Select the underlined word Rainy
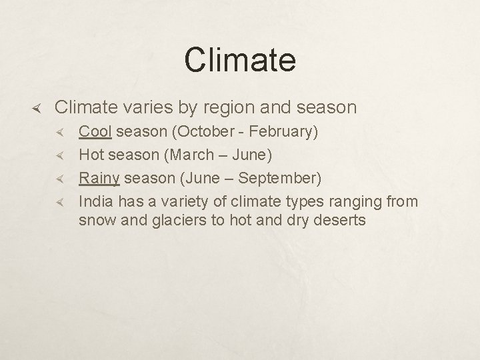click(x=99, y=179)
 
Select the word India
click(x=94, y=201)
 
